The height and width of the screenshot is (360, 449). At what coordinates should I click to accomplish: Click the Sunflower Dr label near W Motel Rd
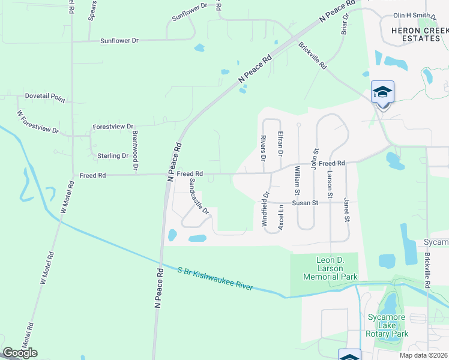click(x=119, y=41)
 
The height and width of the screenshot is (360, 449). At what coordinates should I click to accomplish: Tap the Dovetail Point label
click(x=45, y=96)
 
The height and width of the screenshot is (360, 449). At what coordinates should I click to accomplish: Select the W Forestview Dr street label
click(x=38, y=122)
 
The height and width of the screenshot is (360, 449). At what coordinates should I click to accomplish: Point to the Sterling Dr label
click(x=113, y=155)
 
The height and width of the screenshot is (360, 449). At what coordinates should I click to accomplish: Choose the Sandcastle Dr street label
click(x=198, y=196)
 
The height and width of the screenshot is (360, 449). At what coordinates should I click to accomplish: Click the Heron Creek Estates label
click(x=415, y=34)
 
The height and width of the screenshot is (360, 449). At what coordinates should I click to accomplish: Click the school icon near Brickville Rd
click(x=382, y=92)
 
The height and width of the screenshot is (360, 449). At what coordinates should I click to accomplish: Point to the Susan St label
click(x=304, y=203)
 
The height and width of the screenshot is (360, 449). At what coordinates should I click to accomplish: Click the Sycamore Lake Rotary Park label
click(x=388, y=325)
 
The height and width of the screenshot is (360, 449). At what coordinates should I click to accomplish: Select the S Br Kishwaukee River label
click(x=215, y=279)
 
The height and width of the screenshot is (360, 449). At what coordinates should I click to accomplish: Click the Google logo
click(x=20, y=353)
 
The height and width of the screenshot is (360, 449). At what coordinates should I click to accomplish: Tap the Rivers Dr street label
click(x=263, y=148)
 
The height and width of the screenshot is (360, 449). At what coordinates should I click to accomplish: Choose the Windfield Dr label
click(x=264, y=209)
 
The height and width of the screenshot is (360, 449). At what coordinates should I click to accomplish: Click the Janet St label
click(x=346, y=211)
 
